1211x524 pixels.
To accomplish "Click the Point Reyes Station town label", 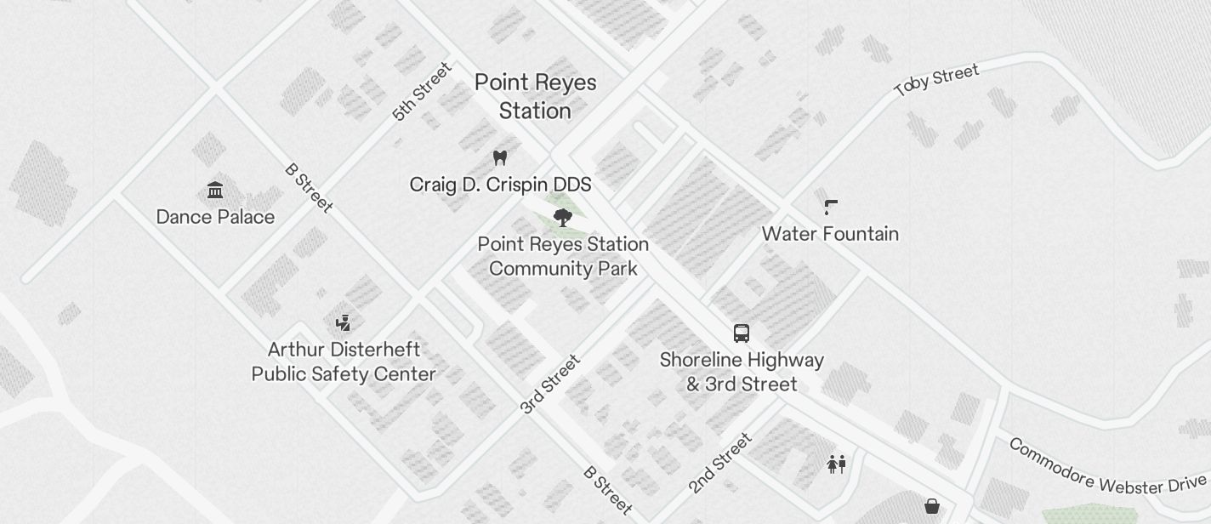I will (535, 96).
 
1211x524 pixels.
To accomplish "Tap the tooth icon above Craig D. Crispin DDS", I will (500, 157).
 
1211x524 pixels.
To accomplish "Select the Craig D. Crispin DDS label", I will (500, 185).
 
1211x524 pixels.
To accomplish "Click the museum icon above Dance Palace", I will (215, 190).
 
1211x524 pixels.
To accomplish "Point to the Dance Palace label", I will (215, 217).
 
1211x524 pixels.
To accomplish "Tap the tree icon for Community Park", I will (562, 217).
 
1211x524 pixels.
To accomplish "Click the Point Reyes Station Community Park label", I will (563, 256).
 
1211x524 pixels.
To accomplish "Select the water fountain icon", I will (831, 207).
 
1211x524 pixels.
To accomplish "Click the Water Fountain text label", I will (830, 234).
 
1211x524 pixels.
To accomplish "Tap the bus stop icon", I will (742, 333).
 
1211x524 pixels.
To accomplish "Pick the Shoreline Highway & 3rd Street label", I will (742, 372).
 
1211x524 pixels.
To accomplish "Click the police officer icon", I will (343, 322).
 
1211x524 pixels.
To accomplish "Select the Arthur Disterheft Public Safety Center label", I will (344, 362).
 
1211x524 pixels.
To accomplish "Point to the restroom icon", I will (837, 464).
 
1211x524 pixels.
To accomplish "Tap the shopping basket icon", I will (932, 506).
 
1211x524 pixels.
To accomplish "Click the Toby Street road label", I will (936, 80).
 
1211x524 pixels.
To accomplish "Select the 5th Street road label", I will (422, 91).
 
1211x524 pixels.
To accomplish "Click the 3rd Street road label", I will (550, 384).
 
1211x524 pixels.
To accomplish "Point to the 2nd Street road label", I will (720, 463).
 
